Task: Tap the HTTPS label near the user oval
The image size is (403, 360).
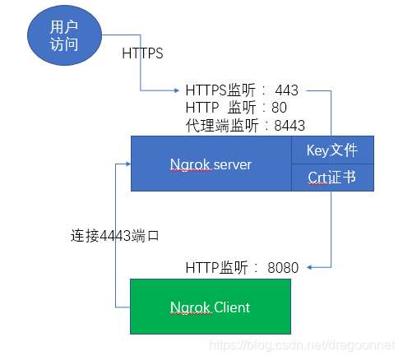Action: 142,54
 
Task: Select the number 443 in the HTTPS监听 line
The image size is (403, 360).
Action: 287,90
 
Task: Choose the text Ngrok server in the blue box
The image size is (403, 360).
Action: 211,164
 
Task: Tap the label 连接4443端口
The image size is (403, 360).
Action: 114,235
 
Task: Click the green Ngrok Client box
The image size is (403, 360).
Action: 210,307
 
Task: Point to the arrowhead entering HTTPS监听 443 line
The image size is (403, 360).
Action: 180,90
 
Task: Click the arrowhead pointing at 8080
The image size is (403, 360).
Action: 305,267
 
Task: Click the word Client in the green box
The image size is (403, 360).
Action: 230,307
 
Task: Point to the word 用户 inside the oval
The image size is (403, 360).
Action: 64,27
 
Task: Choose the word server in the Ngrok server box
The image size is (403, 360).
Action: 229,164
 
